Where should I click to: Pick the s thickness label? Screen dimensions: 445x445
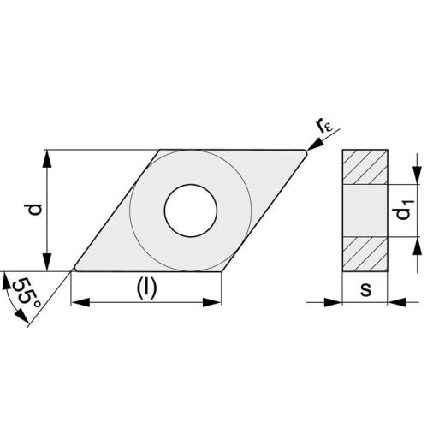tap(365, 288)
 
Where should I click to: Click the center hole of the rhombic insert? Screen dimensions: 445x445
tap(191, 210)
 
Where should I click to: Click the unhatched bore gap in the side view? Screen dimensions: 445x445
tap(365, 210)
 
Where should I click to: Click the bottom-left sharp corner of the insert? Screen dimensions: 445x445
tap(72, 270)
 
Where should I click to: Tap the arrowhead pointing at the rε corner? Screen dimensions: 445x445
tap(314, 146)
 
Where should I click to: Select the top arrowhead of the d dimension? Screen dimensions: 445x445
tap(47, 157)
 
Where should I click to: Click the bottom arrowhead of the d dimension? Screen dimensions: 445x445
tap(47, 264)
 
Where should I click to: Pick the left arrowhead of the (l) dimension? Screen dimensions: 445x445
tap(78, 301)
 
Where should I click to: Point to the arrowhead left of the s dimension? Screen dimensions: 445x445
tap(335, 301)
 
